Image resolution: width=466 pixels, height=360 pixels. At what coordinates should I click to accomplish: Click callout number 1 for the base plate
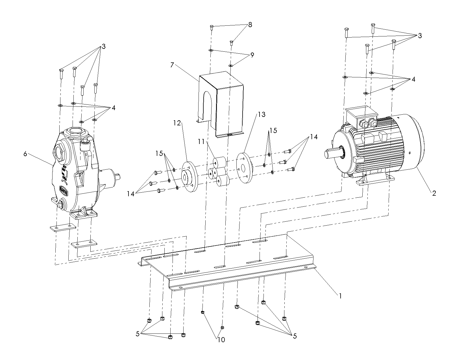340,296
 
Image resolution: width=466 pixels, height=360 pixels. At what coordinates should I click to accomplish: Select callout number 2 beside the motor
434,193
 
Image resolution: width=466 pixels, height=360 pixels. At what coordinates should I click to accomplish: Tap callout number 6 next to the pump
25,154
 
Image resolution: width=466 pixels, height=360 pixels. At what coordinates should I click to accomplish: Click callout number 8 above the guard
250,25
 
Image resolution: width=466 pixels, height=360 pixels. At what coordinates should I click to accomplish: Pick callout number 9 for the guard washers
252,55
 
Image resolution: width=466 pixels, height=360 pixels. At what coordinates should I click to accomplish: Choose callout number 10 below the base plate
221,340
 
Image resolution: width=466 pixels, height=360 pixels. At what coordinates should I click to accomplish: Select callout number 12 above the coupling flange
177,123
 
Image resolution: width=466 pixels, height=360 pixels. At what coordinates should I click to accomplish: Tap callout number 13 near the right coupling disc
262,114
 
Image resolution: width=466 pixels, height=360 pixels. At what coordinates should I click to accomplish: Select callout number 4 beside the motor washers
413,79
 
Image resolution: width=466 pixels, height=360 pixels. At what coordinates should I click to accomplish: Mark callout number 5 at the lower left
138,334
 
